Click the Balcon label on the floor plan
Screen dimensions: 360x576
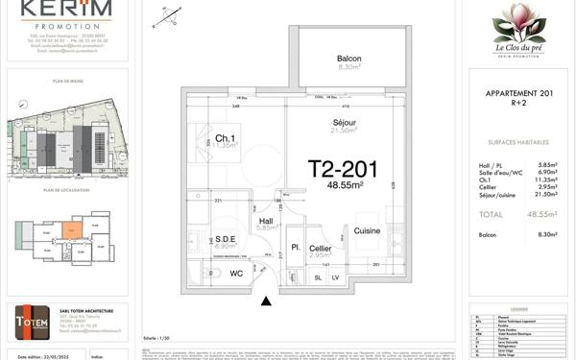[x=348, y=60]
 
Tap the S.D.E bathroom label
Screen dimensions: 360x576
[x=226, y=239]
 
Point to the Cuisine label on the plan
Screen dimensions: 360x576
[x=366, y=231]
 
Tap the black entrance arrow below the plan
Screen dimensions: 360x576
[x=266, y=301]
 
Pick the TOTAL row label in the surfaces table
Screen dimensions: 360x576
[x=492, y=215]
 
